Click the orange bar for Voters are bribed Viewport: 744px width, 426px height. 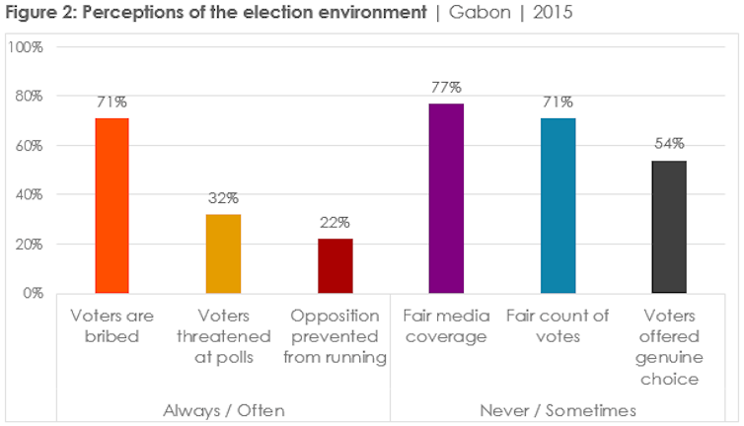click(x=112, y=205)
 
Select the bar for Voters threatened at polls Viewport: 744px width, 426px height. click(x=223, y=253)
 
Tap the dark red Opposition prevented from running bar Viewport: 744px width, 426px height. click(x=335, y=265)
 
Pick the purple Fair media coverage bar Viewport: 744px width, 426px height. click(x=446, y=198)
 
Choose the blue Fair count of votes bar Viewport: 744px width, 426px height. click(x=558, y=205)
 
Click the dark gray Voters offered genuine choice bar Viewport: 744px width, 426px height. click(x=669, y=227)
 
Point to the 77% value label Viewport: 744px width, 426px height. click(x=446, y=86)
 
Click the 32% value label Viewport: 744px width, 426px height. click(x=223, y=197)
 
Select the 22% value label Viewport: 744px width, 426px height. click(x=335, y=222)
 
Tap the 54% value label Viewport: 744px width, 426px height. click(x=669, y=143)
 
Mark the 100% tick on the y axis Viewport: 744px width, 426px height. click(x=27, y=46)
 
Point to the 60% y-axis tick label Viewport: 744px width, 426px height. click(x=31, y=145)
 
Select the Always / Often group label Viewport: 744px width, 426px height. click(x=223, y=408)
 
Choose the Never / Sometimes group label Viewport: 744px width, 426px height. click(x=558, y=408)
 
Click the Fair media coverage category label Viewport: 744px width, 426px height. click(x=446, y=326)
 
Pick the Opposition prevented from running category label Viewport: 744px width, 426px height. click(x=335, y=336)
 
